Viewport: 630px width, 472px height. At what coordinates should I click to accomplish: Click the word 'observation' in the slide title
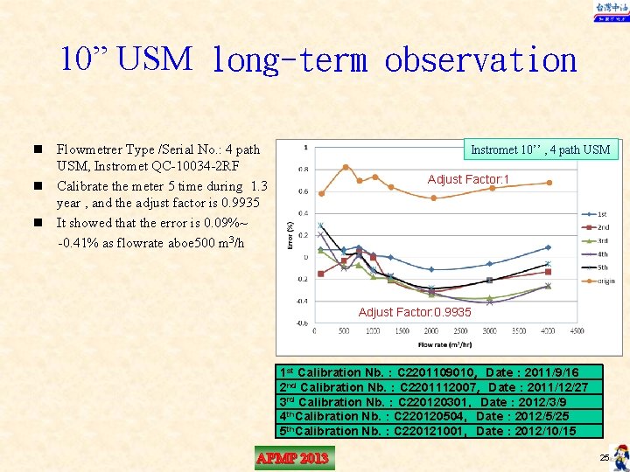[480, 60]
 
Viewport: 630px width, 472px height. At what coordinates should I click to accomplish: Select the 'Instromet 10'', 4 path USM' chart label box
[540, 149]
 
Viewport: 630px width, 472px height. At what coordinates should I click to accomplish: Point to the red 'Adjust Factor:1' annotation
[468, 180]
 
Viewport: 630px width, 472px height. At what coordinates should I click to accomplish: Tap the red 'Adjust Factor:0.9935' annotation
[415, 312]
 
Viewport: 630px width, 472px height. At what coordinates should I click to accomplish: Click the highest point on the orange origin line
[346, 166]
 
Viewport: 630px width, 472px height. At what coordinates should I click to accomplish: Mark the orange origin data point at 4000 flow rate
[549, 183]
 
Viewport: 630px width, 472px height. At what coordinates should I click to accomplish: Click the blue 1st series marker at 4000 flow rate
[549, 247]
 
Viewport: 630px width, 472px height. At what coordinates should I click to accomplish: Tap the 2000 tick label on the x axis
[431, 331]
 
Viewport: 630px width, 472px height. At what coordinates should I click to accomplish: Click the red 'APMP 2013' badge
[293, 458]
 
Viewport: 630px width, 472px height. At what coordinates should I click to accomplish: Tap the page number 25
[604, 458]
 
